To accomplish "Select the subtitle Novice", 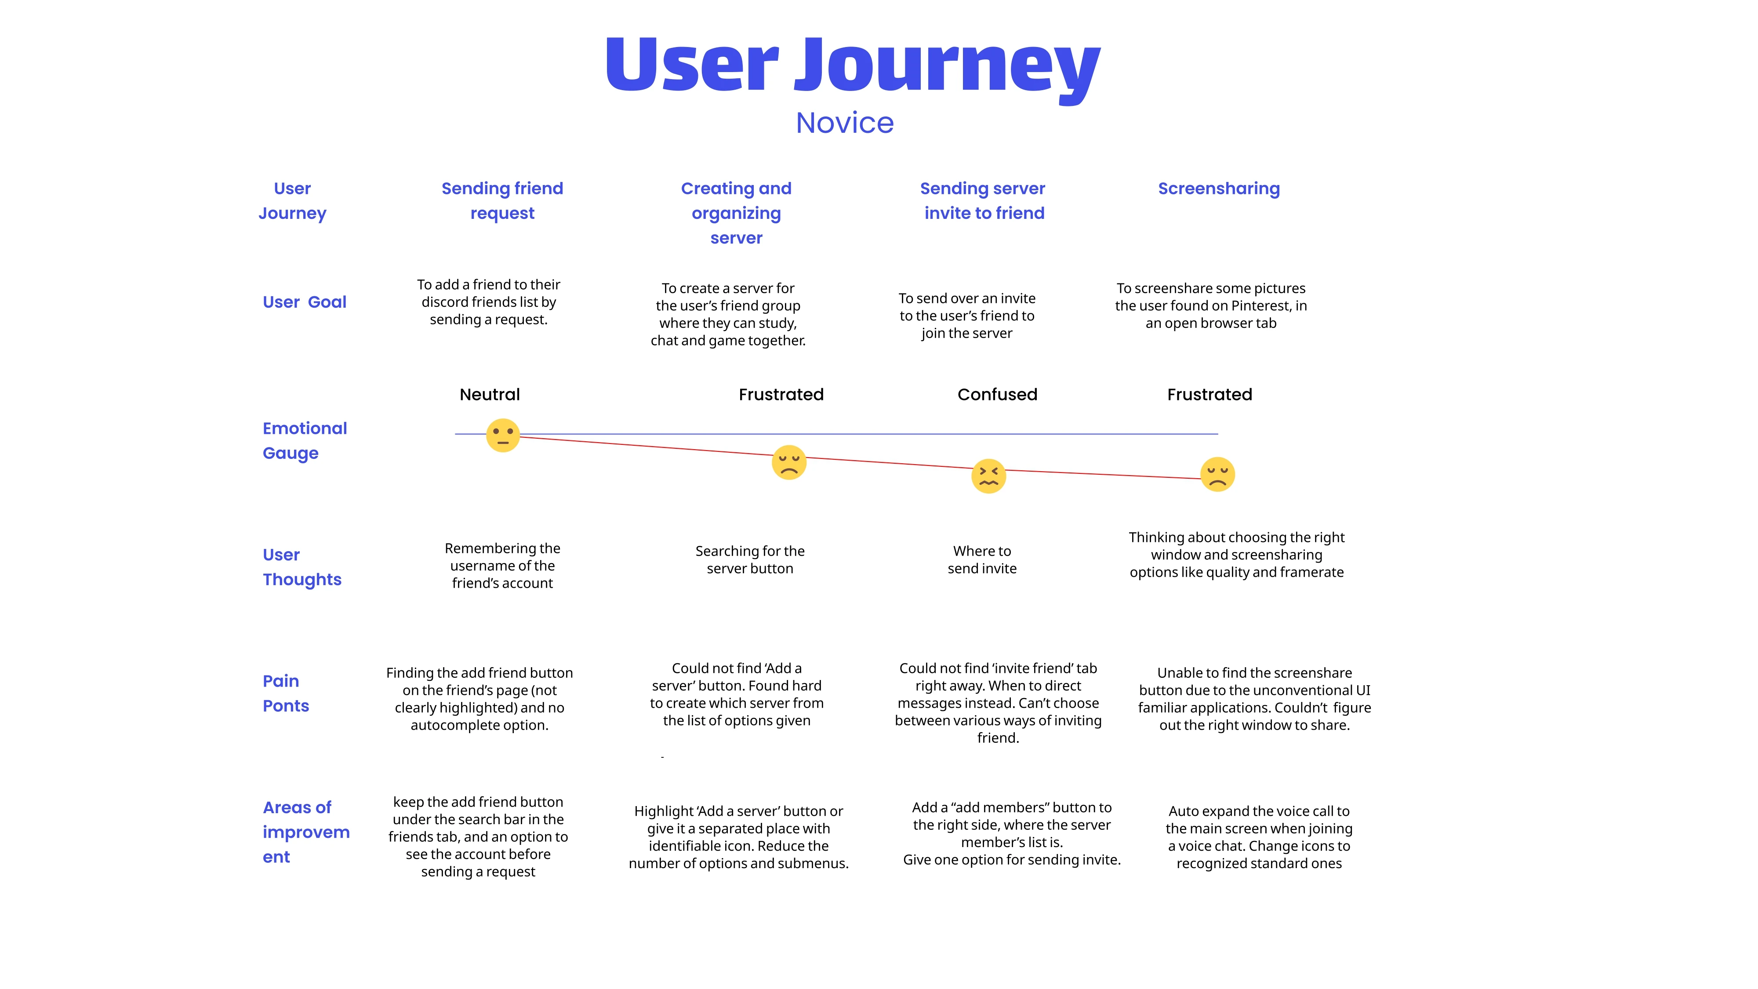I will tap(844, 124).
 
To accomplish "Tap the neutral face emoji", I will tap(503, 436).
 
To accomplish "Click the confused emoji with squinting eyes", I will tap(988, 476).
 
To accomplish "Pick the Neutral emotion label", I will tap(489, 395).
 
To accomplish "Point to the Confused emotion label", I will tap(997, 395).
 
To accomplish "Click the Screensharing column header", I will tap(1218, 189).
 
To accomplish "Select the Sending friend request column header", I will tap(502, 201).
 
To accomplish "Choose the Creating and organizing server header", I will tap(736, 213).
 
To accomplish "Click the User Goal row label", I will tap(305, 302).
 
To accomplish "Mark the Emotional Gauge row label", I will tap(305, 441).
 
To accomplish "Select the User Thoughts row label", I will tap(301, 567).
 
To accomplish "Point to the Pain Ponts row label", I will tap(286, 694).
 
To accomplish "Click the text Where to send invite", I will tap(982, 560).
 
